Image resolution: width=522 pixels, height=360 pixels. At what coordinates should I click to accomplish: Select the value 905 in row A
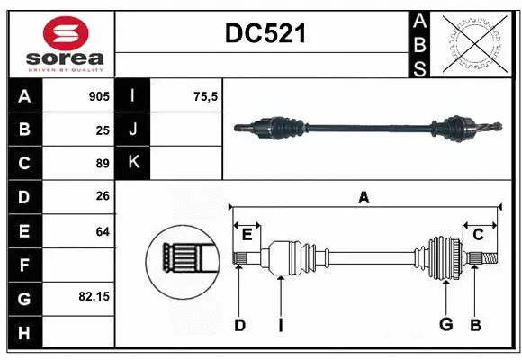coord(99,96)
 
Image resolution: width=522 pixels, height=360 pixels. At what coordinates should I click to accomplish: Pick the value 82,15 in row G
coord(93,296)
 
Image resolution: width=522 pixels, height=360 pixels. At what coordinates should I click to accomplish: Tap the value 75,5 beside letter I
coord(207,96)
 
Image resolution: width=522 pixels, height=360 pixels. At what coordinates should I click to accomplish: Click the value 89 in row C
coord(103,163)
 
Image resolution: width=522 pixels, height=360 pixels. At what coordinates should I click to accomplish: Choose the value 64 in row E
coord(103,230)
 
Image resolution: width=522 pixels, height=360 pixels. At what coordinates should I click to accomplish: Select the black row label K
coord(133,163)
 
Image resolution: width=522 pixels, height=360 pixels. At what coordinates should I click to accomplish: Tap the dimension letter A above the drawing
coord(364,197)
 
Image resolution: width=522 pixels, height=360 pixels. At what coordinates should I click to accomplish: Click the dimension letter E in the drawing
coord(246,235)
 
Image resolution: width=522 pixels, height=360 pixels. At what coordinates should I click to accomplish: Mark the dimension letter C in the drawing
coord(478,235)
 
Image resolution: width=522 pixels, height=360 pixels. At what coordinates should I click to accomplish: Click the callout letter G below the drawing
coord(445,325)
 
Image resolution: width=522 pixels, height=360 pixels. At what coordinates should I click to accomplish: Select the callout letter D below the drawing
coord(239,325)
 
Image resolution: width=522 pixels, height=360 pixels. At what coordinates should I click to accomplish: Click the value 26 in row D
coord(103,197)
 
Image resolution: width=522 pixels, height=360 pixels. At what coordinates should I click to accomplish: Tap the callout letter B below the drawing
coord(476,325)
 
